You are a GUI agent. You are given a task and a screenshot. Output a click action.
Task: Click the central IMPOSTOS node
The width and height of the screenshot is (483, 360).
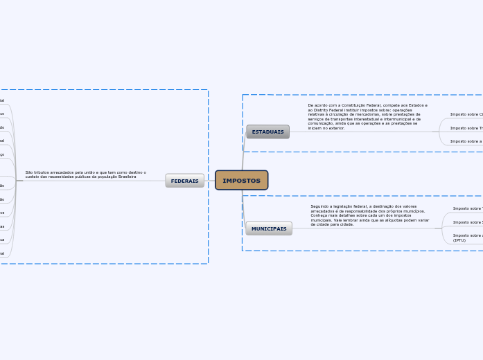coord(241,181)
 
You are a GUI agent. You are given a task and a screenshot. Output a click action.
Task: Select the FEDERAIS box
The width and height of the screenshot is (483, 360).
coord(184,181)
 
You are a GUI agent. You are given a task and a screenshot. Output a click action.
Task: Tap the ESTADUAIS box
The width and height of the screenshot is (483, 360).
coord(267,132)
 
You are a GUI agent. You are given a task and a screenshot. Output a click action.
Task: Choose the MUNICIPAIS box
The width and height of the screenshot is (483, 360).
coord(269,228)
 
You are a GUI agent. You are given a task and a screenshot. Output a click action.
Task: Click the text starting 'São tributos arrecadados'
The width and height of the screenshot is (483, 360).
coord(86,174)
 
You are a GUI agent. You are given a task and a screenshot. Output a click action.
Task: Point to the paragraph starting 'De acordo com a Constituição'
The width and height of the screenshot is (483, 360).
coord(367,116)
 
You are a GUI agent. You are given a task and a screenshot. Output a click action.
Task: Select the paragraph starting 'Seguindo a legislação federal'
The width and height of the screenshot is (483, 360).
coord(369,215)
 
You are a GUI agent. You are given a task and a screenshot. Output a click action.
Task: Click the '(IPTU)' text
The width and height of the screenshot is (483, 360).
coord(459,240)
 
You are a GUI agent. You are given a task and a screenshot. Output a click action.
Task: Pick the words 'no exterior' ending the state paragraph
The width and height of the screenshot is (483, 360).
coord(333,128)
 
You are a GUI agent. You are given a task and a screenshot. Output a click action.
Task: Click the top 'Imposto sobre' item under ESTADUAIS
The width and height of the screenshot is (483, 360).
coord(466,114)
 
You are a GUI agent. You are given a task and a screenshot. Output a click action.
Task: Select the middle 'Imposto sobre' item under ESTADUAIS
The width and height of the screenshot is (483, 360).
coord(466,128)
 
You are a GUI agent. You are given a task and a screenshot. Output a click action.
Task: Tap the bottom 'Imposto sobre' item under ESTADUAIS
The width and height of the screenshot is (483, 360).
coord(466,141)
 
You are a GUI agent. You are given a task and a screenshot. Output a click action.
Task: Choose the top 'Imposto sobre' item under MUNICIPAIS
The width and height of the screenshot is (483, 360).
coord(467,208)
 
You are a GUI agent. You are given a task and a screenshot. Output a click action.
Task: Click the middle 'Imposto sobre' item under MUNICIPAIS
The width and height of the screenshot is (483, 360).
coord(467,222)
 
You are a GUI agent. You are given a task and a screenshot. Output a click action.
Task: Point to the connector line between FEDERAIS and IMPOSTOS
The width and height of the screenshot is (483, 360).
coord(209,181)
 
